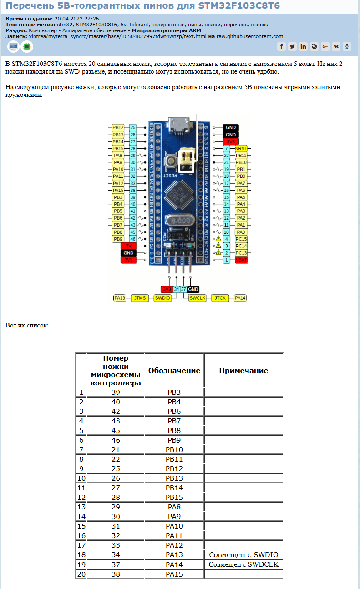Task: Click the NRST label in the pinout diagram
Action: point(241,148)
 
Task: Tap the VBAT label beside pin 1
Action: point(241,260)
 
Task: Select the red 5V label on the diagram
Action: point(129,246)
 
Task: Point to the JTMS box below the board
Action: point(140,298)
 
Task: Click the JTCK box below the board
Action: point(220,298)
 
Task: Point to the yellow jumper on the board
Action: point(186,157)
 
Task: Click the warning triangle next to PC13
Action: point(218,252)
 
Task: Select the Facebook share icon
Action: point(281,46)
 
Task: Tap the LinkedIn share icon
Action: point(303,46)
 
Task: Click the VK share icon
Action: point(336,46)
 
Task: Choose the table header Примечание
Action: point(243,371)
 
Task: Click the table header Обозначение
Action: point(174,371)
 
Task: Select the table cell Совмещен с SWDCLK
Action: point(243,564)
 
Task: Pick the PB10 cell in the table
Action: point(174,449)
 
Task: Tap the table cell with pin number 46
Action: point(116,440)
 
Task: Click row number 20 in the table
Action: point(81,574)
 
